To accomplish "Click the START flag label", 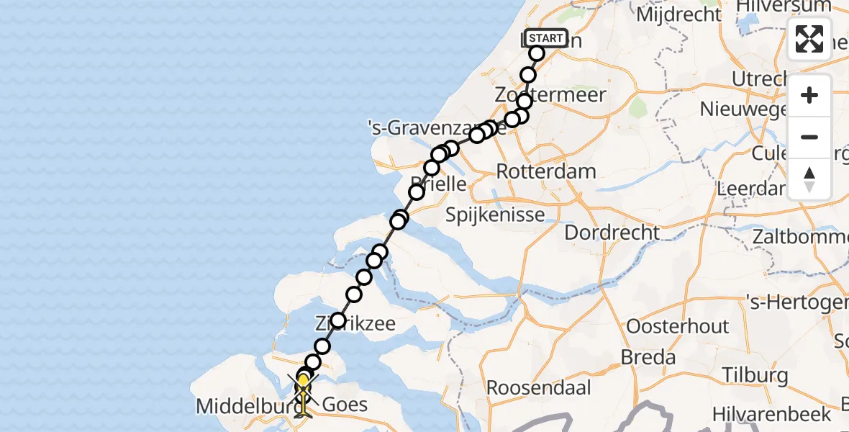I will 547,38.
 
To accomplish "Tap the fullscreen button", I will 809,39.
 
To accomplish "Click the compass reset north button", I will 809,179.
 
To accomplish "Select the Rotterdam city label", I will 546,171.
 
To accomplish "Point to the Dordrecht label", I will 612,233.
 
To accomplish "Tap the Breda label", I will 650,358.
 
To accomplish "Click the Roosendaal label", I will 539,387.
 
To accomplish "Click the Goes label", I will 345,404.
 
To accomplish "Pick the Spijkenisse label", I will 494,214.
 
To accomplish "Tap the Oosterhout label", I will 677,326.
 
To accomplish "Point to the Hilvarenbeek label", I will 772,414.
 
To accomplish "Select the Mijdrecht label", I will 678,14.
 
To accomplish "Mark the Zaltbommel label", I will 799,236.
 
